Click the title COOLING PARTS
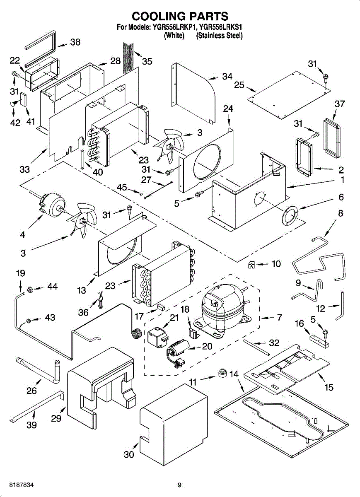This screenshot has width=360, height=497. pos(180,16)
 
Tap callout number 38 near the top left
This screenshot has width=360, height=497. pos(75,42)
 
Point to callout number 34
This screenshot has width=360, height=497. pos(227,76)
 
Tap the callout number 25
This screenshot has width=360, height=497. pos(239,85)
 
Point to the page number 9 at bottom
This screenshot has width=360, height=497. pos(179,485)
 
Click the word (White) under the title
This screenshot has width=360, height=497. pos(174,36)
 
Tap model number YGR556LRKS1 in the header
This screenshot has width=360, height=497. pos(220,28)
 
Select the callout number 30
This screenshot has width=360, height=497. pos(129,454)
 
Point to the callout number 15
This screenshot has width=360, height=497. pos(329,388)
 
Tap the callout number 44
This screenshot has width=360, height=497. pos(52,287)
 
